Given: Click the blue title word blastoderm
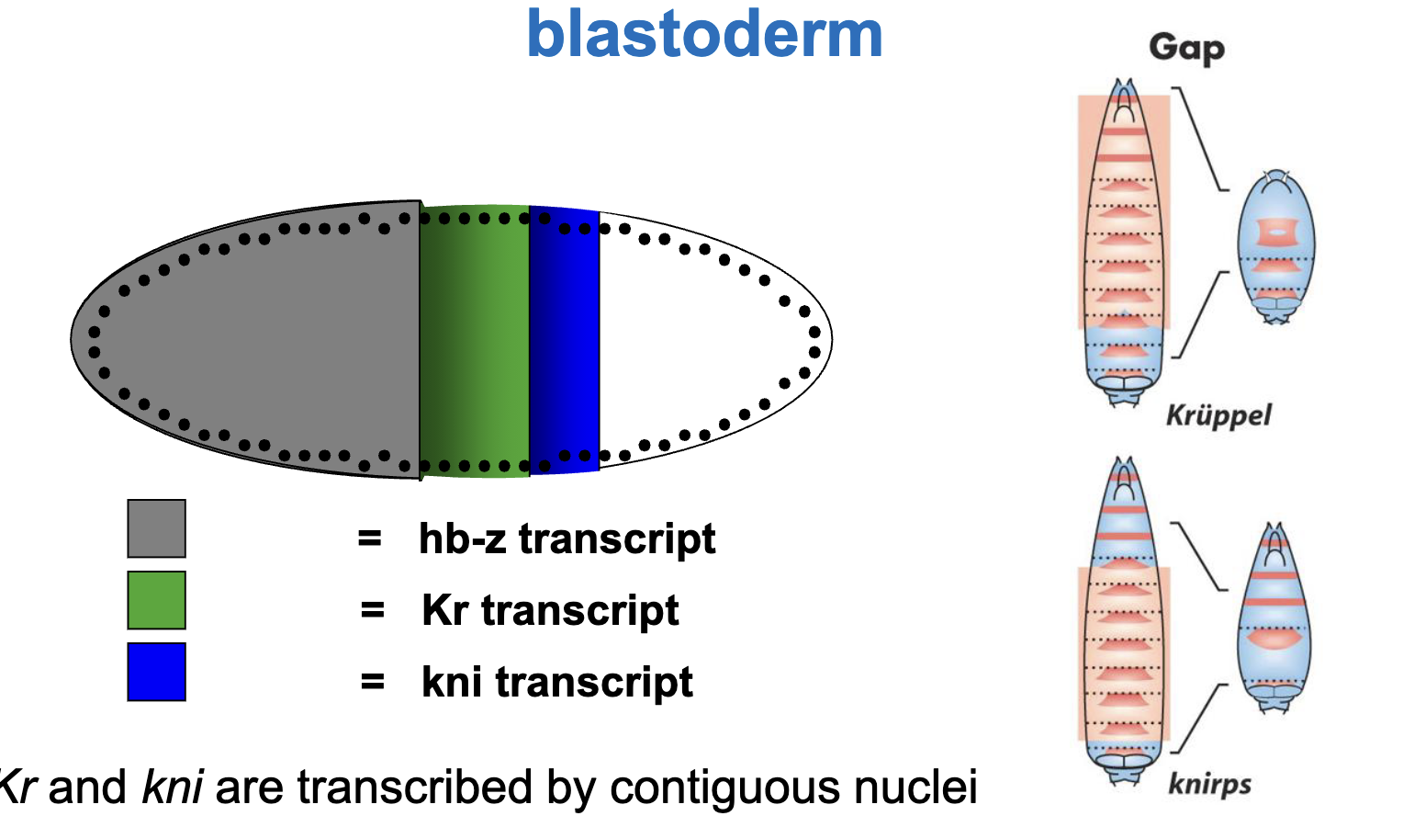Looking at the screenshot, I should pos(704,35).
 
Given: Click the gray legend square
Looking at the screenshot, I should pos(156,528).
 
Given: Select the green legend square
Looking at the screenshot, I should pos(156,600).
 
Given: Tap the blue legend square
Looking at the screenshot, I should pos(156,672).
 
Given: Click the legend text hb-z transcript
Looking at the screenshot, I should pos(566,538).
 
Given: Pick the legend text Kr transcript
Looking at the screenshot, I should pos(549,610).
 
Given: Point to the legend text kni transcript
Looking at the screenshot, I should pos(556,682).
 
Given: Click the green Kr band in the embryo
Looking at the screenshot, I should pos(475,340).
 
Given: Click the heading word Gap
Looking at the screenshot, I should pos(1186,48).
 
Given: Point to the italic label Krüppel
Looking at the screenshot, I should pos(1218,415).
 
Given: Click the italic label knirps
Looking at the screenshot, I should pos(1209,784).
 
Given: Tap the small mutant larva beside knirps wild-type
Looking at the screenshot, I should pos(1274,616).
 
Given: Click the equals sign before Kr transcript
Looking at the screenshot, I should pos(372,610).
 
